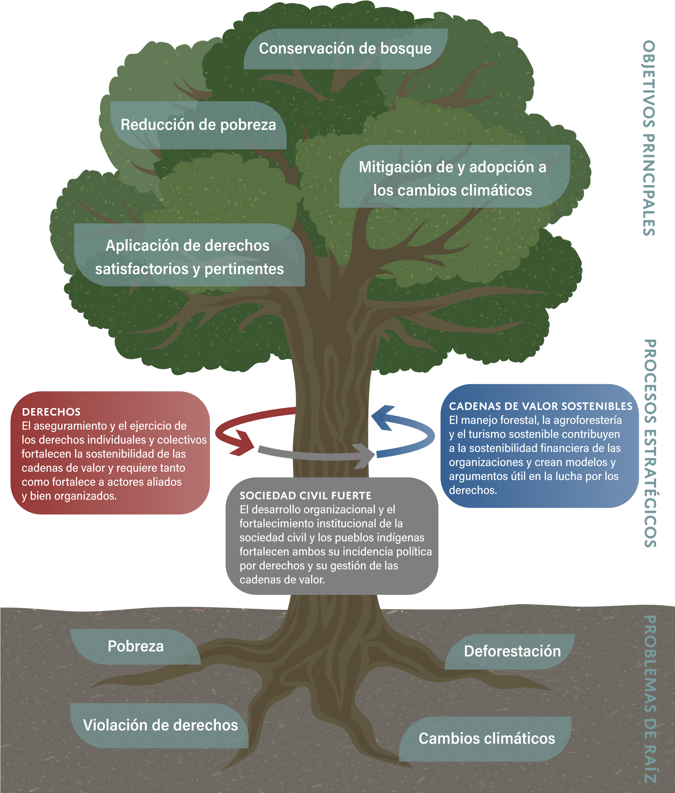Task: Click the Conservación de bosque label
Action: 345,49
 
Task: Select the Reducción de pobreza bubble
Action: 198,125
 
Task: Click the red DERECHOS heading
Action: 51,412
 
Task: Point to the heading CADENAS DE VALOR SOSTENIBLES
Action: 541,406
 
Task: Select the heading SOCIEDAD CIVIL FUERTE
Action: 305,496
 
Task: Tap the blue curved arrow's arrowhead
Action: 384,417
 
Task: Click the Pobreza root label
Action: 136,646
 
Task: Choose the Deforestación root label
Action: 512,651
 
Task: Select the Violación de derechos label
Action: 160,725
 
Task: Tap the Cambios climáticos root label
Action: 486,738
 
